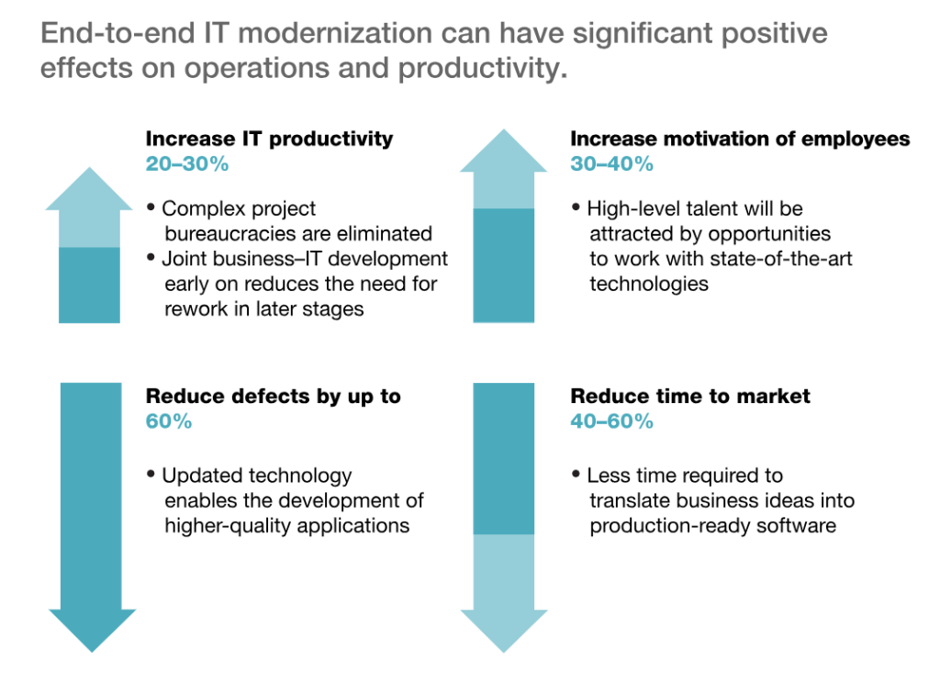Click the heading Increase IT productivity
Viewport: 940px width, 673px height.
click(269, 139)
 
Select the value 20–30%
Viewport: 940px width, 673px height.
click(187, 164)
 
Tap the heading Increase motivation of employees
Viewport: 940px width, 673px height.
click(740, 139)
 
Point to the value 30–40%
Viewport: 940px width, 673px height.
click(611, 164)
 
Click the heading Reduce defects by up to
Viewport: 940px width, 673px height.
click(274, 397)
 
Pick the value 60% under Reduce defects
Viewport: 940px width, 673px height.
click(169, 421)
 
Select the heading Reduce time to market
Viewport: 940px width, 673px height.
click(690, 397)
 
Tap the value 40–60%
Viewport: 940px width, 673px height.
click(611, 421)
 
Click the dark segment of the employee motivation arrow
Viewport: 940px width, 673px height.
click(503, 264)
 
